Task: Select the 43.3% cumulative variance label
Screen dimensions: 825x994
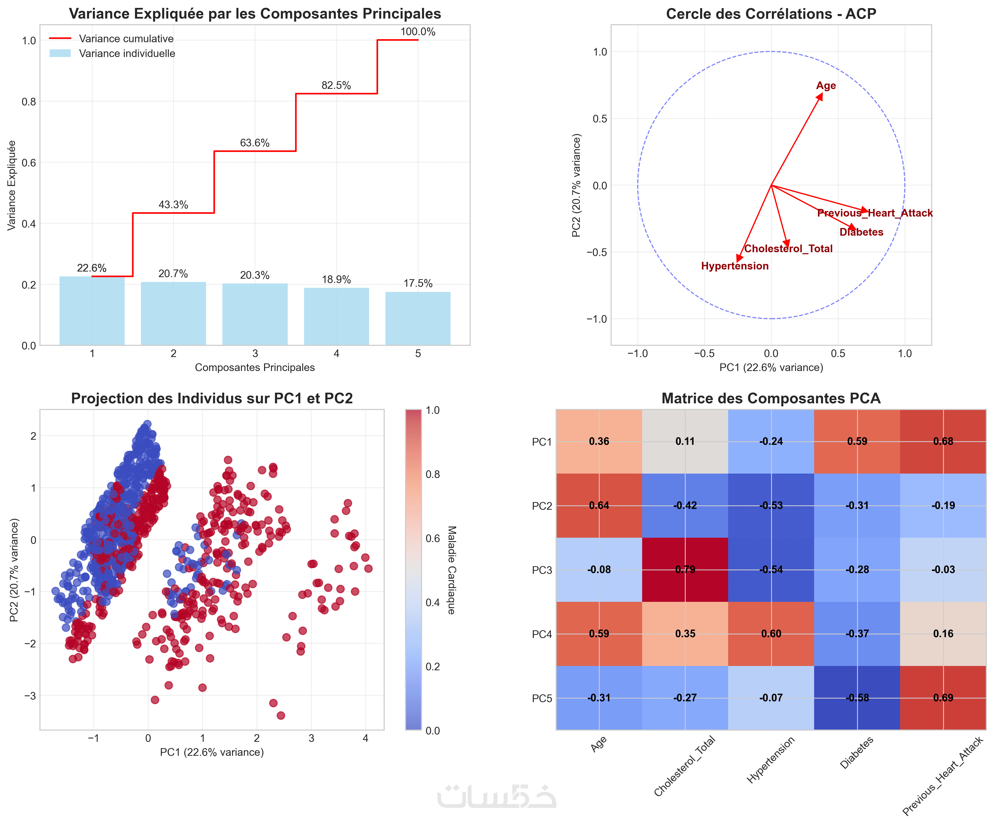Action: [x=173, y=205]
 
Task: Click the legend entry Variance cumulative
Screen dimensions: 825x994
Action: [x=126, y=39]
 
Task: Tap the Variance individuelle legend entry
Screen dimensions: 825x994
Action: [x=127, y=53]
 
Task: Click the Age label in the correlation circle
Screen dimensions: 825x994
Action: [x=826, y=86]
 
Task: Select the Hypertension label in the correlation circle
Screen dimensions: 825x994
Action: [x=734, y=266]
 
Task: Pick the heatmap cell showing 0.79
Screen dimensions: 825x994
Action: [x=685, y=570]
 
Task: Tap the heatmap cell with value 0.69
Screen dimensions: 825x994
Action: [x=943, y=698]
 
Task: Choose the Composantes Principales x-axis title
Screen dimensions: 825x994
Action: [x=255, y=367]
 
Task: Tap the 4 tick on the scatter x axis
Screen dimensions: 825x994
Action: [x=365, y=738]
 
